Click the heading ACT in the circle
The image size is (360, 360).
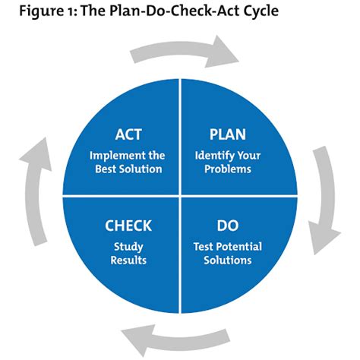pos(128,134)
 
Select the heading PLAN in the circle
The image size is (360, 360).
pos(228,134)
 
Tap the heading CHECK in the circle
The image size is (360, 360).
pos(128,226)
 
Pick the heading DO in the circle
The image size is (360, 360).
pos(228,226)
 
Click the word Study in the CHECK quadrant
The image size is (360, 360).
pos(128,247)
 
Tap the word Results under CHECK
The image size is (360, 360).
pos(128,260)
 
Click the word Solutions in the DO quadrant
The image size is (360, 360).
pos(227,260)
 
